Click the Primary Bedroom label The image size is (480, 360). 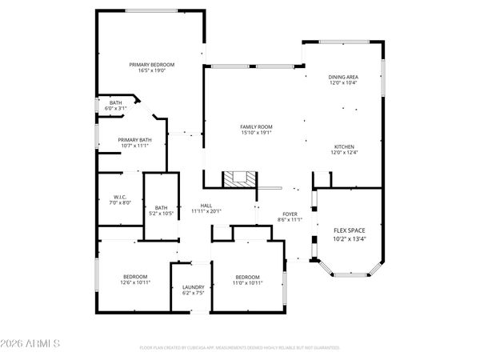[152, 64]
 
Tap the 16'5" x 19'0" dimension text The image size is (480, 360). [152, 70]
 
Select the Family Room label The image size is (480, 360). [257, 127]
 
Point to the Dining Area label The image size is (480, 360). [343, 77]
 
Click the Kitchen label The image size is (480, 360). [345, 147]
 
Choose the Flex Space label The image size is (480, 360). [349, 230]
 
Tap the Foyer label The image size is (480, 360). [289, 213]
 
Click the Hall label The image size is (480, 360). [206, 205]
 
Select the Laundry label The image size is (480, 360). [194, 287]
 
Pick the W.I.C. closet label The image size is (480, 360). [120, 197]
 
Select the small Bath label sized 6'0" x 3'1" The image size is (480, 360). [116, 102]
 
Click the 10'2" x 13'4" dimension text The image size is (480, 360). [349, 238]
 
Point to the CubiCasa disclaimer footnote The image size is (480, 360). [239, 348]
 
